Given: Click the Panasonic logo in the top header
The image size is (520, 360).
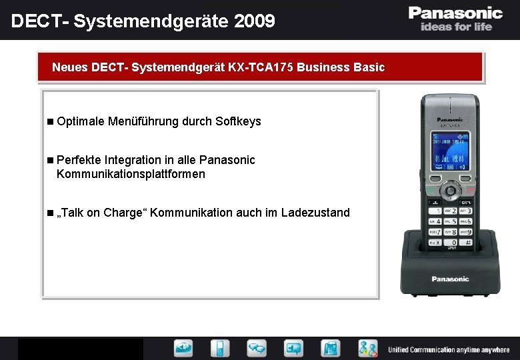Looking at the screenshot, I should point(455,13).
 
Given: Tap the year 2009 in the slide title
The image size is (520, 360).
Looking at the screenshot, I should point(254,21).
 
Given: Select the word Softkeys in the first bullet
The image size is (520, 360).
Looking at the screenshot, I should point(238,121).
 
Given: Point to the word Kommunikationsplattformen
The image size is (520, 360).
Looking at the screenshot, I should point(131,174).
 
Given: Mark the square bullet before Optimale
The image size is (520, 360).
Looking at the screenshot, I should point(51,121).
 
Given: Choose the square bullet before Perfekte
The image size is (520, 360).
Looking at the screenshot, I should point(51,160).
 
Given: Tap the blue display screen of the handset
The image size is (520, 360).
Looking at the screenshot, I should point(450,151).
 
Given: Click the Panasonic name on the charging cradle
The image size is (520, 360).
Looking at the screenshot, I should point(450,279).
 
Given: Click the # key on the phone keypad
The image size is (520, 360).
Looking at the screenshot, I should point(467,243).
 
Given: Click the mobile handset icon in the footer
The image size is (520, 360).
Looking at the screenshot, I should point(221,348).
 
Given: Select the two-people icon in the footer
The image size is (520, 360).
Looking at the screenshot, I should point(367,348).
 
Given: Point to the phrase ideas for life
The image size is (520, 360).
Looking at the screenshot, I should point(456,27).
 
